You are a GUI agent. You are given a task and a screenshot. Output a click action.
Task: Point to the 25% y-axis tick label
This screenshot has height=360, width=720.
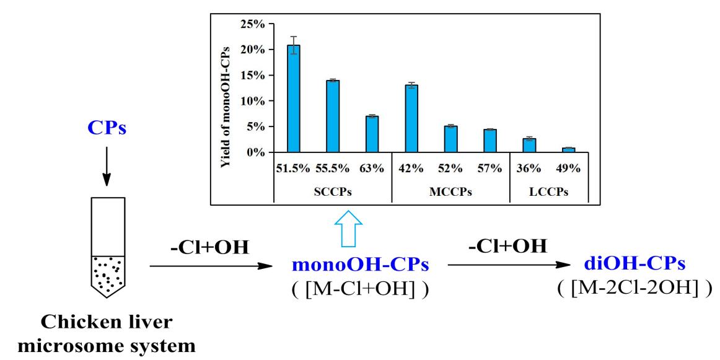(x=253, y=24)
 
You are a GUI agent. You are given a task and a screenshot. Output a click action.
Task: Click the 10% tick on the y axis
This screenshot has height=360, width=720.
(x=253, y=101)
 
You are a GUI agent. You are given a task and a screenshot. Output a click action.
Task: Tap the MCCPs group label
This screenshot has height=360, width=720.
(x=450, y=192)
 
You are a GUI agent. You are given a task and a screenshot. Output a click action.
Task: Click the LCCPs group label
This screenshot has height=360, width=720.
(x=548, y=192)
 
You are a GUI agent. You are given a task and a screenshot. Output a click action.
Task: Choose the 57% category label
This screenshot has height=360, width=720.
(x=490, y=169)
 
